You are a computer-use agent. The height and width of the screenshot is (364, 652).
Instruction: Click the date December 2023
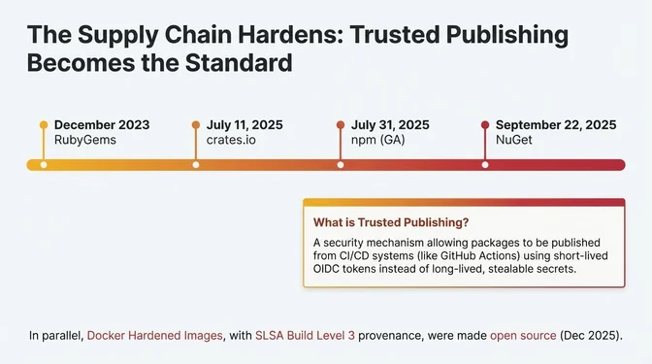(x=103, y=125)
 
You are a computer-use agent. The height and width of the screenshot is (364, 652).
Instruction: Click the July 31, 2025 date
(x=390, y=125)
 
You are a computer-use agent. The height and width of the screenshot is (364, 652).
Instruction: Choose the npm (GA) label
(x=378, y=141)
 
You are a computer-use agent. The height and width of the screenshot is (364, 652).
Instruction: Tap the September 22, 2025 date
(x=556, y=125)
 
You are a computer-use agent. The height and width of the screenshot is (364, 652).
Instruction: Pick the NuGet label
(x=513, y=141)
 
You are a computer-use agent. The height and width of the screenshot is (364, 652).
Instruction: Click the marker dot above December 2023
(x=43, y=125)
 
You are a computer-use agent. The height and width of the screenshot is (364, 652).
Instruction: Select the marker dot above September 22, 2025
(x=484, y=125)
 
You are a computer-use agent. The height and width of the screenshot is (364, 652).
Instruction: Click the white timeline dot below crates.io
(x=196, y=165)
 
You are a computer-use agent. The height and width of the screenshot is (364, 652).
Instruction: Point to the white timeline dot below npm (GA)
(x=340, y=165)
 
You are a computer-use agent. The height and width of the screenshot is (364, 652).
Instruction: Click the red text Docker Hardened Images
(x=153, y=336)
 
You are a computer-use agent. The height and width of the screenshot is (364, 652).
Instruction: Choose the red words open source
(x=523, y=336)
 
